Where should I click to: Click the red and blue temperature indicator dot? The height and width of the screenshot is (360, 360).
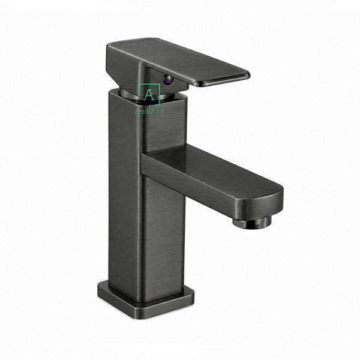[168, 80]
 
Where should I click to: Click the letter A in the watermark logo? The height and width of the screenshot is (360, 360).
[149, 95]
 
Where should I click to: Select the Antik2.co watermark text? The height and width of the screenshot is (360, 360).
[149, 112]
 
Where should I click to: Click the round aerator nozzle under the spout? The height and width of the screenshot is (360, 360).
[252, 222]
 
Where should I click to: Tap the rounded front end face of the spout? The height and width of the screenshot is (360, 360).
[259, 205]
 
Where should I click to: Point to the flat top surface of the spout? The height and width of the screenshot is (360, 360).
[211, 167]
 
